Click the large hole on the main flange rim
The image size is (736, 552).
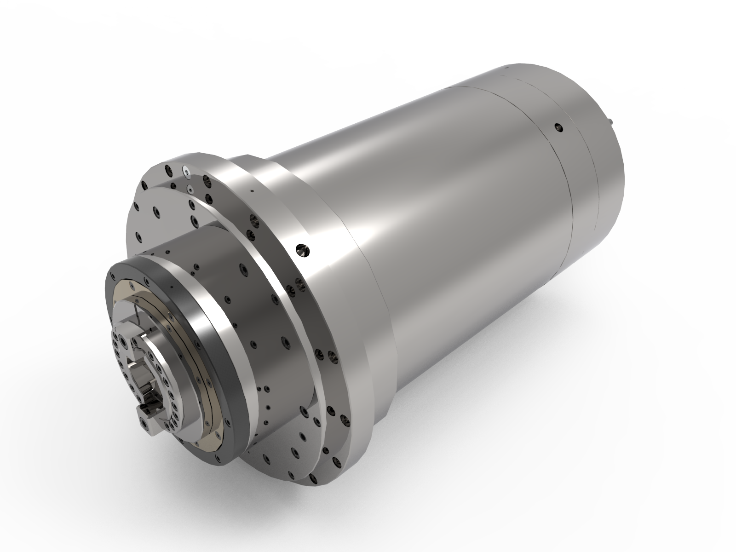303,250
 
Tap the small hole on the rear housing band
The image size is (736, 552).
558,127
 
